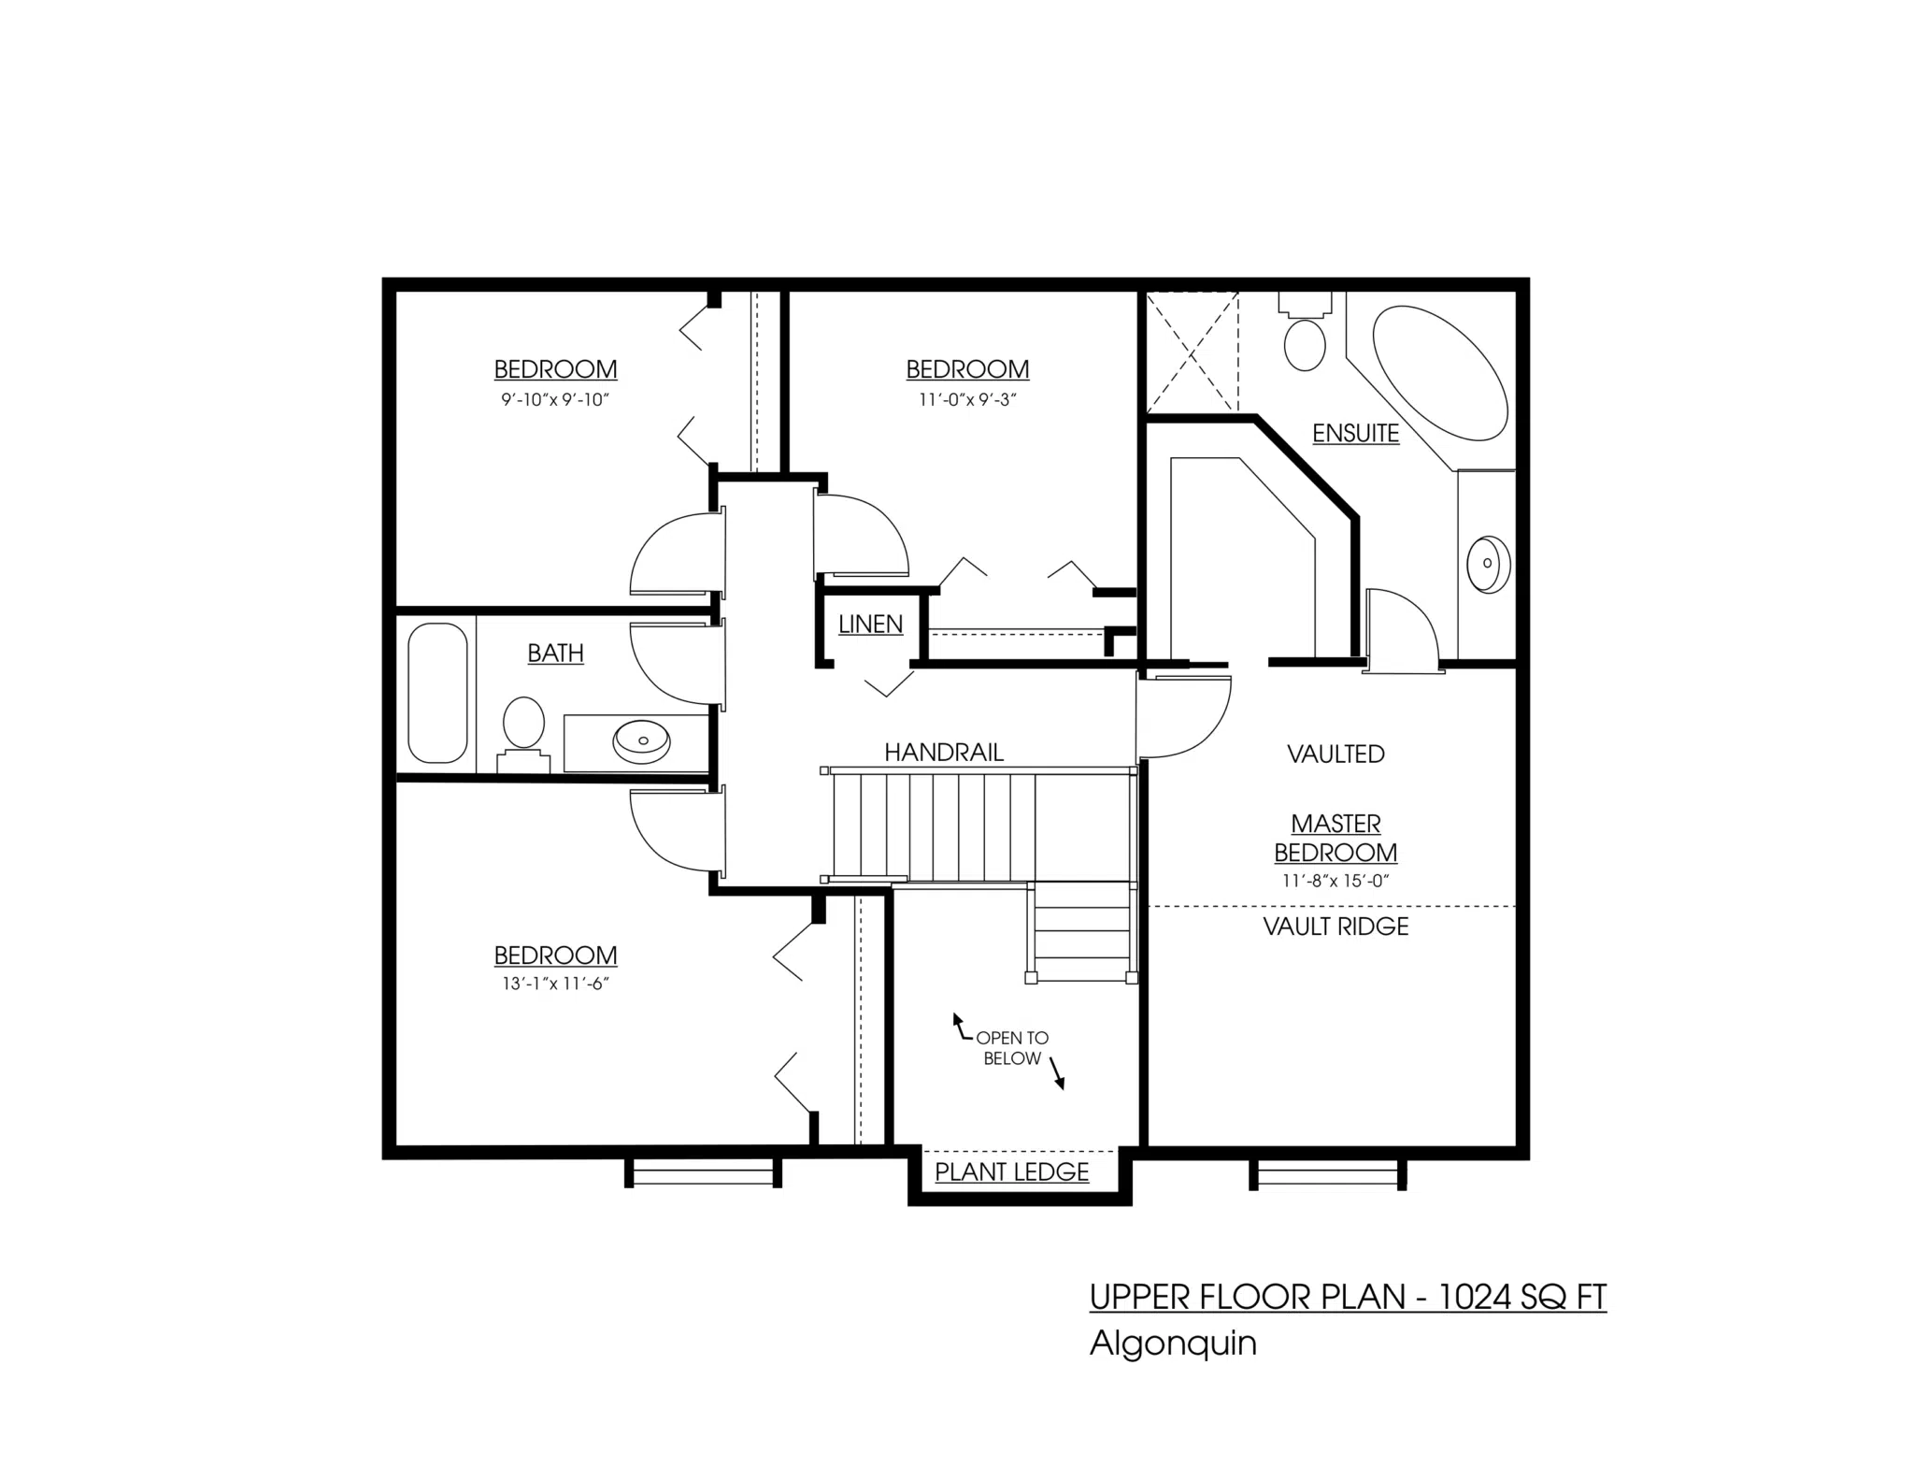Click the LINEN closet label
(870, 625)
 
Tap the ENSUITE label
(1355, 434)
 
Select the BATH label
(555, 654)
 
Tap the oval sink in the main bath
(641, 740)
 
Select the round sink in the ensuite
(1487, 565)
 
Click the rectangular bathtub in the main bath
(437, 693)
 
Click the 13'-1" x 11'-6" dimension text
(555, 984)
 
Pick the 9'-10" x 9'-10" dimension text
(555, 400)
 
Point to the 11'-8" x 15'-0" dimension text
(1336, 881)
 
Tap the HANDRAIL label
(944, 753)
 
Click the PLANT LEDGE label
(1012, 1172)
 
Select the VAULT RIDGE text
(1336, 927)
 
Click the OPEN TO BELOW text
(1011, 1048)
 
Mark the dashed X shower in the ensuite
(1193, 352)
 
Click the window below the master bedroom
(1328, 1174)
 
